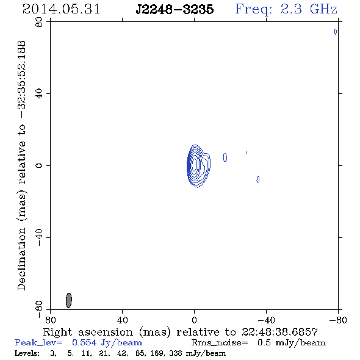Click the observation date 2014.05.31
tap(61, 9)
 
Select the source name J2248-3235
tap(175, 10)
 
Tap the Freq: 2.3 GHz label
tap(286, 10)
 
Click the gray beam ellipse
tap(69, 300)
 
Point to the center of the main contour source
tap(195, 164)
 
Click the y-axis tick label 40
tap(39, 94)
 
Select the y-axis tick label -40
tap(39, 237)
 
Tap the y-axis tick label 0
tap(39, 165)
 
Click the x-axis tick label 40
tap(122, 320)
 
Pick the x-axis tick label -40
tap(266, 320)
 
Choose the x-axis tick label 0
tap(194, 320)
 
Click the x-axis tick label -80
tap(338, 320)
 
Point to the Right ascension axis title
tap(180, 332)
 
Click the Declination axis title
tap(21, 165)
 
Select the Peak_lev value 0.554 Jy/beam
tap(107, 343)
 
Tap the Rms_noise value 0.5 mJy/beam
tap(292, 343)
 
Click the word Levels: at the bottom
tap(27, 353)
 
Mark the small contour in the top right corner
tap(336, 32)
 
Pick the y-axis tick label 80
tap(39, 22)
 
